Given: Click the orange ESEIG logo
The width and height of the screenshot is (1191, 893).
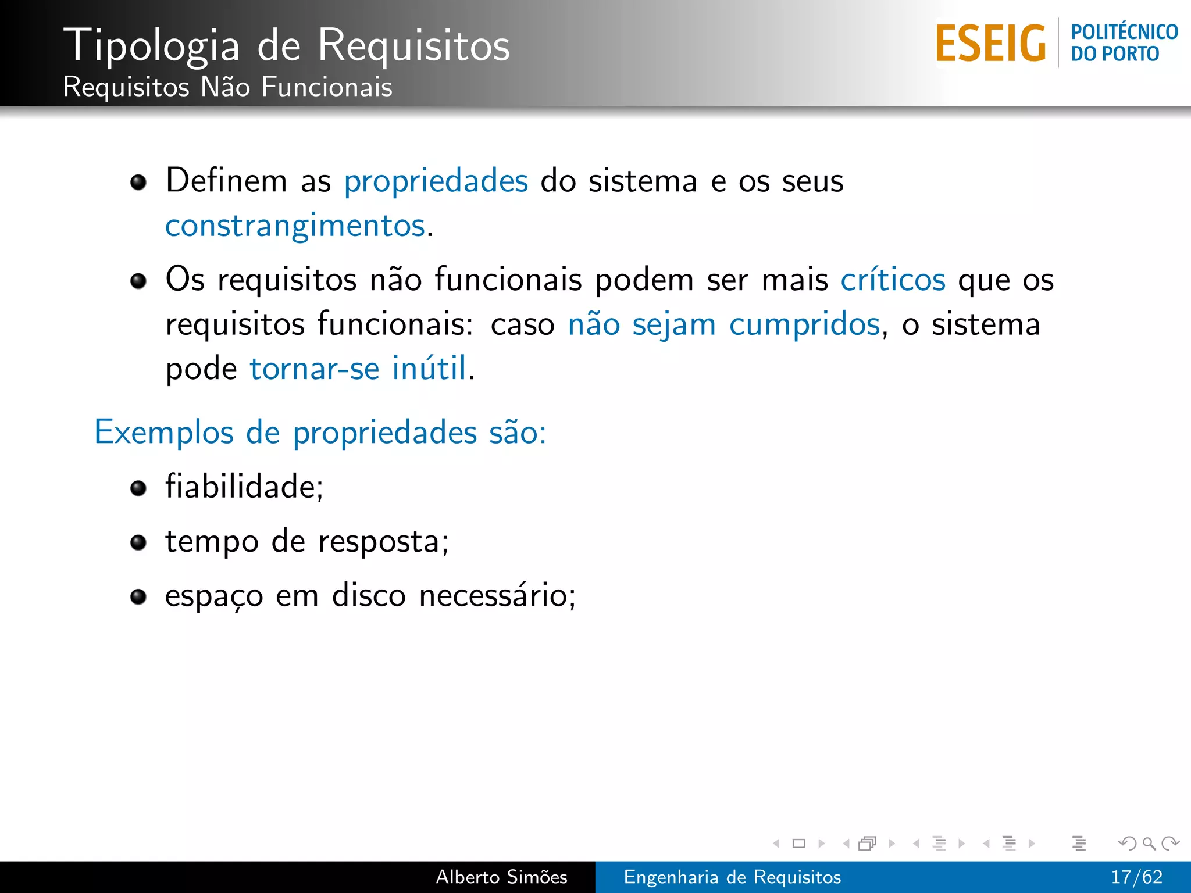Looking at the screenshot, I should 990,43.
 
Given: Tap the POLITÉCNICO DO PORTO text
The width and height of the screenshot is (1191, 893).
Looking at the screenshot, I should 1124,43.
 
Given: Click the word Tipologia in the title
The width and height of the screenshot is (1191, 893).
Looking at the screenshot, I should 152,45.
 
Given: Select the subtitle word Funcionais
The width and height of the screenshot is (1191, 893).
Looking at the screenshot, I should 327,87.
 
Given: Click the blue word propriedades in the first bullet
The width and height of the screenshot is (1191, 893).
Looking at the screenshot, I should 436,181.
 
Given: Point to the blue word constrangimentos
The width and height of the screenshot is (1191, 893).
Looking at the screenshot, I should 295,226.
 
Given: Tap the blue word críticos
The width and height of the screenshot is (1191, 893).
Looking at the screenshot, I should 893,280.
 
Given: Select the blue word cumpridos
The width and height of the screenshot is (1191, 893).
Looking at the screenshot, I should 804,324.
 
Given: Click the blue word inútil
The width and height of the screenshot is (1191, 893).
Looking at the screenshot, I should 429,368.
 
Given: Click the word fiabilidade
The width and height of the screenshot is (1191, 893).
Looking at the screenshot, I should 243,487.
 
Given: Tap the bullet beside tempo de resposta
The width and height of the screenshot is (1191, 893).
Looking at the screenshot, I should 138,542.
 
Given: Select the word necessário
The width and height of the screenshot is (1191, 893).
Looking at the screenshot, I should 496,596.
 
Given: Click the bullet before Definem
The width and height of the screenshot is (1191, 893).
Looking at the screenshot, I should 138,183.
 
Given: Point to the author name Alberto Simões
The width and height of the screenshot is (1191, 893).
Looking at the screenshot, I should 501,877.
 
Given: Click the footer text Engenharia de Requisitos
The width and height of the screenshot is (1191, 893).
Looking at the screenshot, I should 732,877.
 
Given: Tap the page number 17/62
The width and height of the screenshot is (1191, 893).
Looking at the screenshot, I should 1136,877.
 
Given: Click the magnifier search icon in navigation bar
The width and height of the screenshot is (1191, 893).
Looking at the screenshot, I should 1149,843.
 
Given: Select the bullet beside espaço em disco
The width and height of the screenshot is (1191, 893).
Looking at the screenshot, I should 138,597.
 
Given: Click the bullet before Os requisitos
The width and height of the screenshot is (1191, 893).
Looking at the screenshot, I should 138,281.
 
